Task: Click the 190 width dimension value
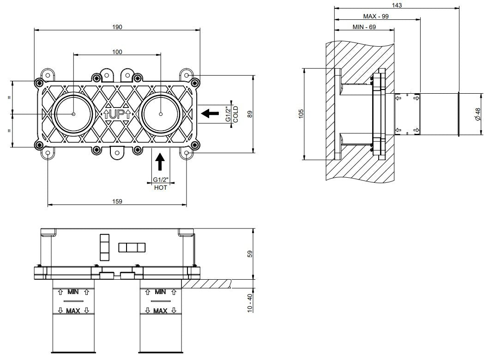[x=117, y=27]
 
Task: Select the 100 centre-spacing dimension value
[x=117, y=52]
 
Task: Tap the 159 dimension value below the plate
[x=117, y=201]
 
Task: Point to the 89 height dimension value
[x=250, y=114]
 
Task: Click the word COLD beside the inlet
[x=235, y=114]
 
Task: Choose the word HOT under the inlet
[x=161, y=188]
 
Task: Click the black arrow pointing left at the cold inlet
[x=210, y=113]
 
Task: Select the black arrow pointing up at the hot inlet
[x=160, y=161]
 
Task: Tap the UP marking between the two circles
[x=117, y=114]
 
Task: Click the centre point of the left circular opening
[x=73, y=114]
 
